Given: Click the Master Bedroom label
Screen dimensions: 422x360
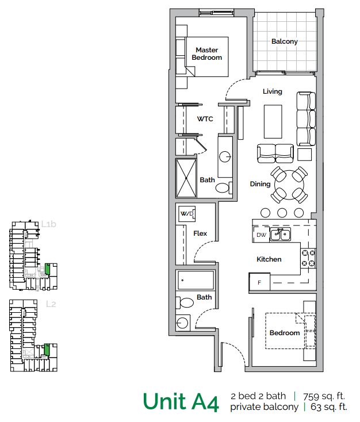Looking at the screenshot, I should pyautogui.click(x=207, y=53).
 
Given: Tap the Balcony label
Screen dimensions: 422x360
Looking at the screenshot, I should pyautogui.click(x=284, y=41).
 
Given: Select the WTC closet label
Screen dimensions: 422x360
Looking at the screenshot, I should pyautogui.click(x=205, y=120).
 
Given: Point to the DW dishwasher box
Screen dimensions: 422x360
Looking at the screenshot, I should pyautogui.click(x=261, y=235).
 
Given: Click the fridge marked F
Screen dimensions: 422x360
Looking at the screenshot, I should pyautogui.click(x=259, y=283).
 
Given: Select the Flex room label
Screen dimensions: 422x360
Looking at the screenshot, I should pyautogui.click(x=200, y=233).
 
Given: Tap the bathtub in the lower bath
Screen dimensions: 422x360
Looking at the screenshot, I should pyautogui.click(x=196, y=282).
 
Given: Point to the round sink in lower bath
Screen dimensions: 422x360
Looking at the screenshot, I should pyautogui.click(x=183, y=323).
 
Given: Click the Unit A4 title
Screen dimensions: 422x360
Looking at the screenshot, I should pyautogui.click(x=180, y=401).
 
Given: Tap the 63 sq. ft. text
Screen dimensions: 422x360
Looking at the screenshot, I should pyautogui.click(x=328, y=407).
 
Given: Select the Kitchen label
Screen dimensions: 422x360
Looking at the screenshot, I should pyautogui.click(x=269, y=259).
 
